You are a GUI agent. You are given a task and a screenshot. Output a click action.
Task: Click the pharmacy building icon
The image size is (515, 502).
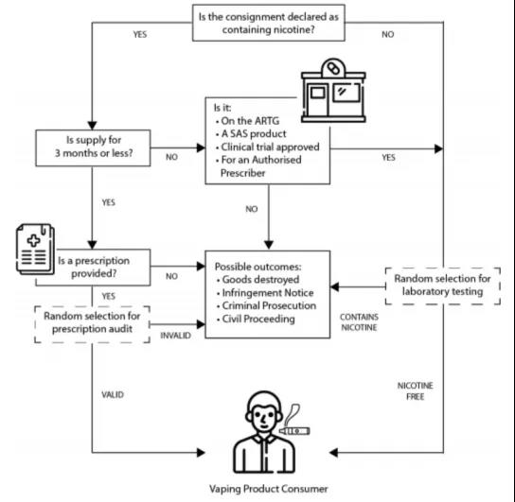[333, 91]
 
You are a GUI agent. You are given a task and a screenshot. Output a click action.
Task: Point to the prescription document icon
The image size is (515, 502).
[35, 250]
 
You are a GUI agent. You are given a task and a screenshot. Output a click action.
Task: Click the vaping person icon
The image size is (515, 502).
[264, 432]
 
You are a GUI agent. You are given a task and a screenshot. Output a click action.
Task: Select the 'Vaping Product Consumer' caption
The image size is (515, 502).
[269, 489]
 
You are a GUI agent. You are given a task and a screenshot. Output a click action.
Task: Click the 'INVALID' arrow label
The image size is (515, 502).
[175, 336]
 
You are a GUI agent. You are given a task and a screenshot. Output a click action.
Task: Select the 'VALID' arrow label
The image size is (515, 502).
[113, 394]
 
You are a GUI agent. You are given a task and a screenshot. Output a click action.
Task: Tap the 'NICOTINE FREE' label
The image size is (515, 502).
[416, 390]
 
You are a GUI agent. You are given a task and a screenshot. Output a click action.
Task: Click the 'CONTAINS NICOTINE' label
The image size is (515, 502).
[359, 322]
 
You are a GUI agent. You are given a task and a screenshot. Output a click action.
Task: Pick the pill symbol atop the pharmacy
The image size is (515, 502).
[333, 69]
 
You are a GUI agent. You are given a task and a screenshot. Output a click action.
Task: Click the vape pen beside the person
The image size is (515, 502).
[294, 431]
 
